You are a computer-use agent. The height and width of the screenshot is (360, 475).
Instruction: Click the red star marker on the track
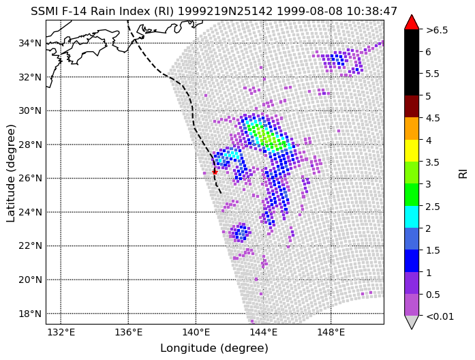tap(215, 172)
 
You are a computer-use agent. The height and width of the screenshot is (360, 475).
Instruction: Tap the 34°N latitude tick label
tap(30, 44)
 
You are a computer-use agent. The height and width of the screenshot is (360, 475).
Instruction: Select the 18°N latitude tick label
tap(30, 314)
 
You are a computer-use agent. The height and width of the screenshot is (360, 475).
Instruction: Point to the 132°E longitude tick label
tap(61, 333)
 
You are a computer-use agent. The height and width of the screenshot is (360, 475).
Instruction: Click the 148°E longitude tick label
tap(331, 333)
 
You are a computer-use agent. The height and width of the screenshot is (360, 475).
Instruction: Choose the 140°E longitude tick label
tap(196, 333)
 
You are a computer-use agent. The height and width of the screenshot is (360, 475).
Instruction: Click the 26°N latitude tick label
tap(30, 179)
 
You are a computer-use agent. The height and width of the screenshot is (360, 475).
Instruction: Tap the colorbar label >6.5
tap(437, 30)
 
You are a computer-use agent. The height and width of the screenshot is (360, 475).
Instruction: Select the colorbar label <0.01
tap(440, 316)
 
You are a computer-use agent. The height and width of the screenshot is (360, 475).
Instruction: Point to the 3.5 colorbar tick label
tap(432, 162)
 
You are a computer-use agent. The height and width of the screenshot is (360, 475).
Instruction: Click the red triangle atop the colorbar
tap(412, 22)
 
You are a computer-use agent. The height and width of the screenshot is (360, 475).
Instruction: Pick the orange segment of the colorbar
tap(412, 128)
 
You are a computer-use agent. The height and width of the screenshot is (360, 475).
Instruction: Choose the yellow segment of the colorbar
tap(412, 151)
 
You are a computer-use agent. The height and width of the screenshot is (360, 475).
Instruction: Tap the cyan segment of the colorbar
tap(412, 217)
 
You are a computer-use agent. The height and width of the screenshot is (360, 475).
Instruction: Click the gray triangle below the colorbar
tap(412, 322)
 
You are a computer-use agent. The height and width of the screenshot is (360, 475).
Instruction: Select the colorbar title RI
tap(463, 174)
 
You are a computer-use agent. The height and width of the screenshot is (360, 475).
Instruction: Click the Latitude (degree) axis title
tap(10, 173)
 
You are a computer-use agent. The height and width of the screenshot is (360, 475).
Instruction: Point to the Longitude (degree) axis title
tap(214, 348)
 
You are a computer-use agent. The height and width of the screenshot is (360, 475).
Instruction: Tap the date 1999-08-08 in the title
tap(309, 12)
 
